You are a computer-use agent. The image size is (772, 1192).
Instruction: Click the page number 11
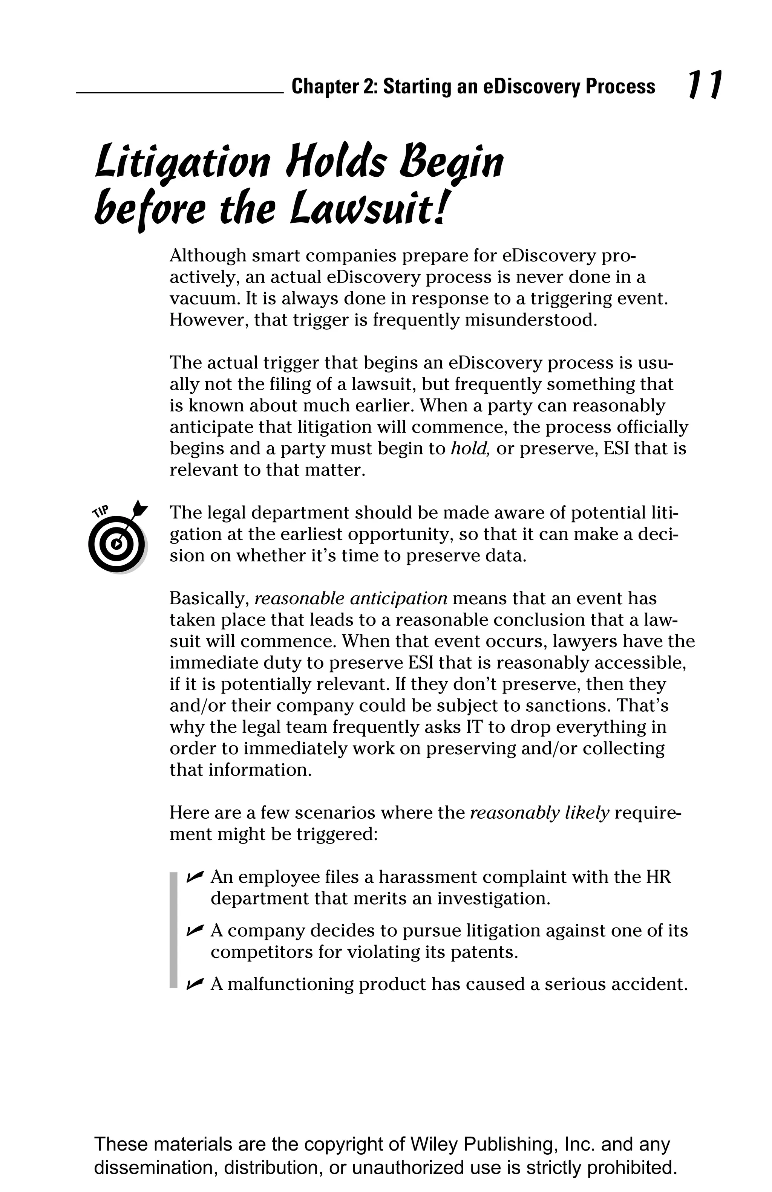click(704, 85)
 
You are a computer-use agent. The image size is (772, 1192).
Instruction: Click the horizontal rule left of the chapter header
click(179, 93)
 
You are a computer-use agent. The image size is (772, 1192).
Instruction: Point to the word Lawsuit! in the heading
click(368, 209)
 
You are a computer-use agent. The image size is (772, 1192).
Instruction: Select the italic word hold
click(469, 448)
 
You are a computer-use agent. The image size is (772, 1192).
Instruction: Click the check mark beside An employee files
click(195, 876)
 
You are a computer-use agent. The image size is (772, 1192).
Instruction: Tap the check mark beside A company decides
click(195, 930)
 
